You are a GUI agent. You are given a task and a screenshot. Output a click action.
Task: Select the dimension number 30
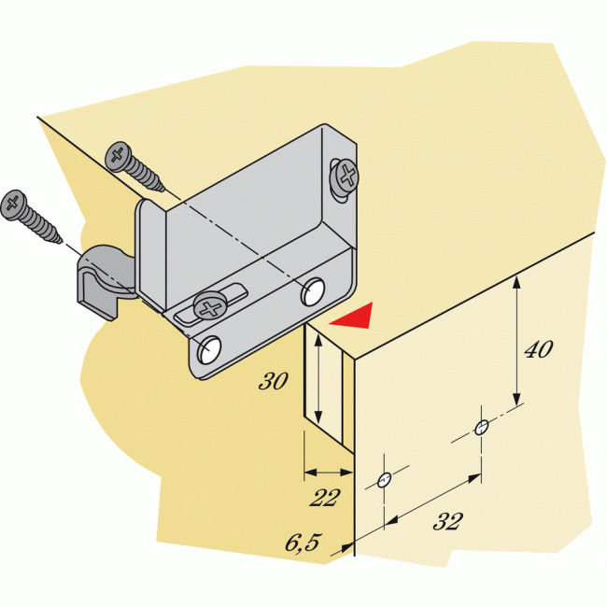[x=274, y=381]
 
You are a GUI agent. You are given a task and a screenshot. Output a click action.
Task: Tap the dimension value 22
[x=324, y=497]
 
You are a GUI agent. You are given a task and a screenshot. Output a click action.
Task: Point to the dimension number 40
[x=538, y=349]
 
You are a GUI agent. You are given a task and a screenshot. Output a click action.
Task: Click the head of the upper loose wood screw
[x=119, y=154]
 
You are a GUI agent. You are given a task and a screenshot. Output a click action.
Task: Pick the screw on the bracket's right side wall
[x=346, y=176]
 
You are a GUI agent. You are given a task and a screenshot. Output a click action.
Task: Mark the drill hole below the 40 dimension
[x=482, y=429]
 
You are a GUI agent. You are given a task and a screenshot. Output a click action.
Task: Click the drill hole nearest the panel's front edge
[x=384, y=481]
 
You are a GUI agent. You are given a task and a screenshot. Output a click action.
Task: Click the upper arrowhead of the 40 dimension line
[x=516, y=281]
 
